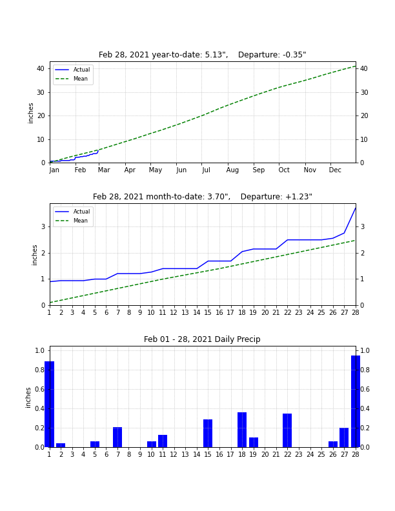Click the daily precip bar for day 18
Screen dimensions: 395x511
click(x=242, y=430)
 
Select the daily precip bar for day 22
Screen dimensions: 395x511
click(x=287, y=430)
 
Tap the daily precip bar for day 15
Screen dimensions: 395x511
click(x=208, y=433)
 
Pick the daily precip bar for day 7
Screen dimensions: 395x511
click(x=117, y=437)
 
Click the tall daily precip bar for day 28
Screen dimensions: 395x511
click(x=356, y=401)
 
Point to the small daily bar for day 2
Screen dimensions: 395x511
click(x=61, y=445)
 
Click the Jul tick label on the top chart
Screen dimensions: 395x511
click(x=206, y=170)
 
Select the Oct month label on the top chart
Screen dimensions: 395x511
click(x=284, y=170)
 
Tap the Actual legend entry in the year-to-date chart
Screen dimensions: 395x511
click(x=72, y=70)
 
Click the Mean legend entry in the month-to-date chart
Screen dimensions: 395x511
click(x=72, y=221)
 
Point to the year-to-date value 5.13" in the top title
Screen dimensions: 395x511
click(x=216, y=55)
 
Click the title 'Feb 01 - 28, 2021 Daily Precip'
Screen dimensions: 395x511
click(x=202, y=339)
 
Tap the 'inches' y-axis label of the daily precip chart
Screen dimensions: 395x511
click(x=28, y=397)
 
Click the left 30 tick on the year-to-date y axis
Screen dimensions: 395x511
click(x=41, y=92)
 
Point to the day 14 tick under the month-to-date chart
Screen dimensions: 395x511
click(x=196, y=312)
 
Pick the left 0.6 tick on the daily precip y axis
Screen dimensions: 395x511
click(x=39, y=390)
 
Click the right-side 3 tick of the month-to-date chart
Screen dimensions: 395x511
click(x=362, y=227)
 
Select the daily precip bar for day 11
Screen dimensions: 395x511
click(x=163, y=441)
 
